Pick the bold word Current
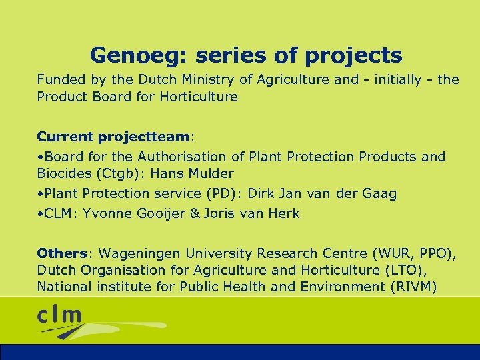[x=65, y=137]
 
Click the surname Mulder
[x=211, y=173]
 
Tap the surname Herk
[x=285, y=213]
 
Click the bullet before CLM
[x=40, y=213]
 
